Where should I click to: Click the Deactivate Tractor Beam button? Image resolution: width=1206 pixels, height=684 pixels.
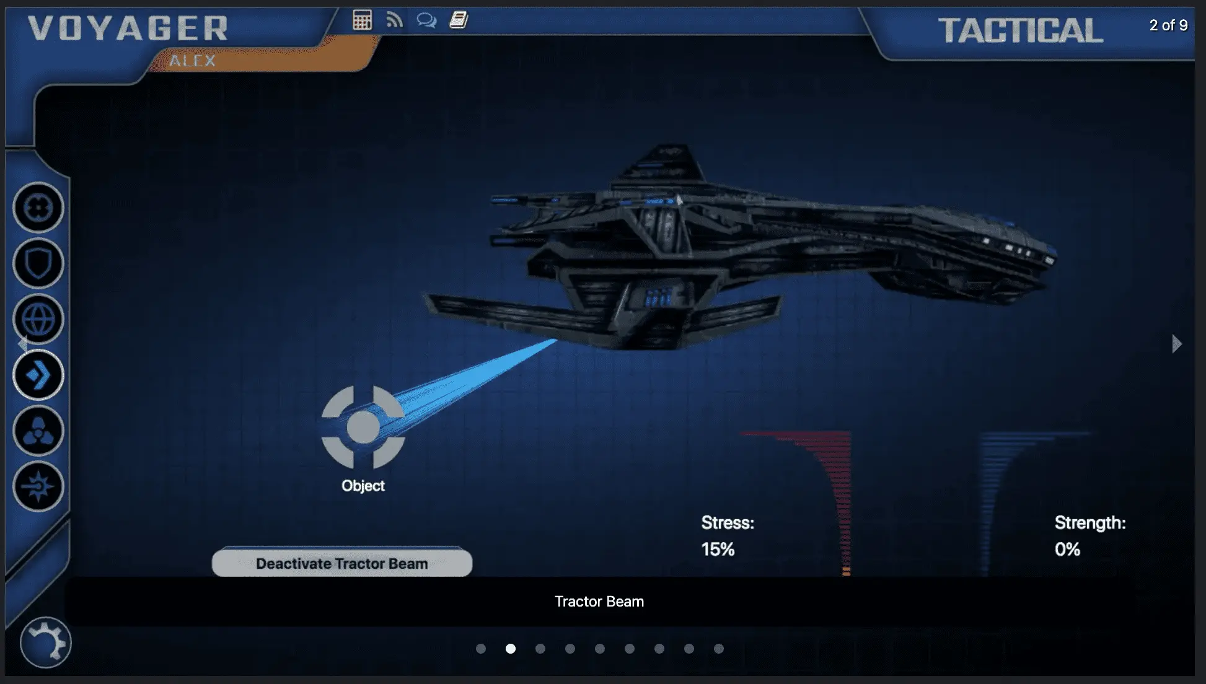coord(342,563)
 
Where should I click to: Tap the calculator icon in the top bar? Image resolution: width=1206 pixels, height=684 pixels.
coord(362,20)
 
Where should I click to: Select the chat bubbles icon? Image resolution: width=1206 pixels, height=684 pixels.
coord(426,20)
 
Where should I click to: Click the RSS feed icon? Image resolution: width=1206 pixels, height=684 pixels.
coord(395,20)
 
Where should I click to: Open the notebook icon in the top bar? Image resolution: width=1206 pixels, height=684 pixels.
coord(459,20)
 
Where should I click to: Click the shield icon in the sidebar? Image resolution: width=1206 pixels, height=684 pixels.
coord(38,264)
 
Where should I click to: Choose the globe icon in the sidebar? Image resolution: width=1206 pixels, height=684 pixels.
coord(38,320)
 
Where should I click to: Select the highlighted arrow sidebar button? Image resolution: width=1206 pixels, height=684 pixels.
coord(38,375)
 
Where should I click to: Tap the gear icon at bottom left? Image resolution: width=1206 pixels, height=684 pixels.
coord(46,642)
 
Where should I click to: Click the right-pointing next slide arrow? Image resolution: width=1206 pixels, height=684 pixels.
coord(1176,344)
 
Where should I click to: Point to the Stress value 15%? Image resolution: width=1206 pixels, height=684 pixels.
coord(718,550)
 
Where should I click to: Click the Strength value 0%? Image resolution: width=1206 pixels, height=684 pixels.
coord(1067,550)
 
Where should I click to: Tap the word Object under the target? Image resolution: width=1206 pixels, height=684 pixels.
coord(363,486)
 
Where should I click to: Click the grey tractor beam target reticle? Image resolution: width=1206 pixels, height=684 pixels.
coord(363,427)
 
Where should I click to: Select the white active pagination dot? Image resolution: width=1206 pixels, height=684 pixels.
coord(511,649)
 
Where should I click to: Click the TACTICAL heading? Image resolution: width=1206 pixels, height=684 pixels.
coord(1020,30)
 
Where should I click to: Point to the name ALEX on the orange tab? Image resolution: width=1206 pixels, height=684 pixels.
coord(193,61)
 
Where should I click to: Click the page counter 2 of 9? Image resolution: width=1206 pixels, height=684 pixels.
coord(1168,25)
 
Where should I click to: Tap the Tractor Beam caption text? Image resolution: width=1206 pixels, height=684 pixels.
coord(599,602)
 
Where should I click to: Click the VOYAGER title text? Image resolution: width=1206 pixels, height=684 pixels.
coord(128,28)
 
